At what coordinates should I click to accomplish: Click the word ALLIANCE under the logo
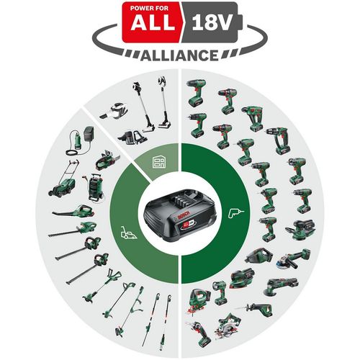click(x=179, y=55)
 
